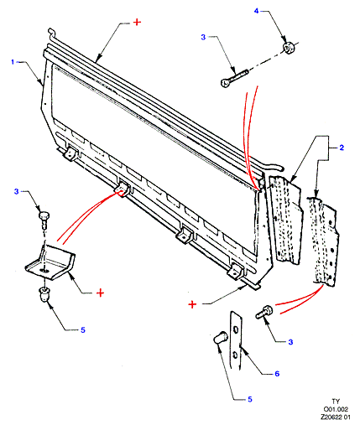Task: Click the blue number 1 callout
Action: (x=13, y=61)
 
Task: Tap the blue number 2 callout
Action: (x=342, y=148)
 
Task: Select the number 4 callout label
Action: (x=257, y=11)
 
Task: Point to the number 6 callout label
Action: (x=277, y=374)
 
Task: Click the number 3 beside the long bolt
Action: (x=203, y=37)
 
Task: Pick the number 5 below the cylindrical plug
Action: (x=250, y=399)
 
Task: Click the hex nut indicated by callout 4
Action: (x=288, y=47)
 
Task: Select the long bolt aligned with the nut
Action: (x=234, y=78)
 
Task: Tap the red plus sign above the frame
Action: (x=137, y=22)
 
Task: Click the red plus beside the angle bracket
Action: (x=100, y=293)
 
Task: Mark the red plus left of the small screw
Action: (x=192, y=304)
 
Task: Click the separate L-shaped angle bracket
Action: (x=50, y=262)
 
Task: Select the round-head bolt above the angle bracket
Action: (x=44, y=219)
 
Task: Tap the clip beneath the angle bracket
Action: (x=44, y=293)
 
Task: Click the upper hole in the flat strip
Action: (x=236, y=330)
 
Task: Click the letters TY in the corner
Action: (x=336, y=402)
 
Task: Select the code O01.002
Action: (x=336, y=409)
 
